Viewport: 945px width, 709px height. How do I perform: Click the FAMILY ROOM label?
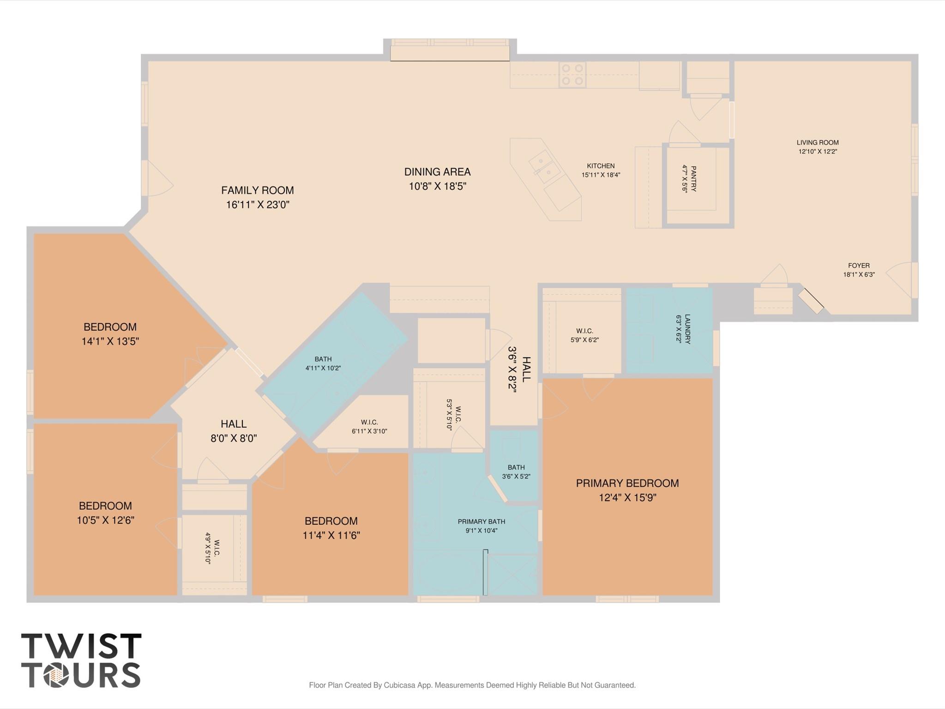click(x=257, y=190)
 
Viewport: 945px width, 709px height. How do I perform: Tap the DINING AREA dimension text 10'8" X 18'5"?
click(x=437, y=186)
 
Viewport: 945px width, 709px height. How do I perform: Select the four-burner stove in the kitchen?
click(x=572, y=75)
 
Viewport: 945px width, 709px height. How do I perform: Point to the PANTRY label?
click(x=693, y=179)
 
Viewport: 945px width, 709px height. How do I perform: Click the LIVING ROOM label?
click(x=817, y=143)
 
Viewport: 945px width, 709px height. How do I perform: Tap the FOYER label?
click(x=859, y=266)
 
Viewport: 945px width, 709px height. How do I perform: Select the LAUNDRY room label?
click(x=687, y=328)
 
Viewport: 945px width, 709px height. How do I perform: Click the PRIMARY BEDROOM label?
click(x=627, y=483)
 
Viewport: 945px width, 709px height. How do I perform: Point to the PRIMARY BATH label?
click(x=481, y=521)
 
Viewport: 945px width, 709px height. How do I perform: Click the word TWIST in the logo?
click(x=81, y=646)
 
